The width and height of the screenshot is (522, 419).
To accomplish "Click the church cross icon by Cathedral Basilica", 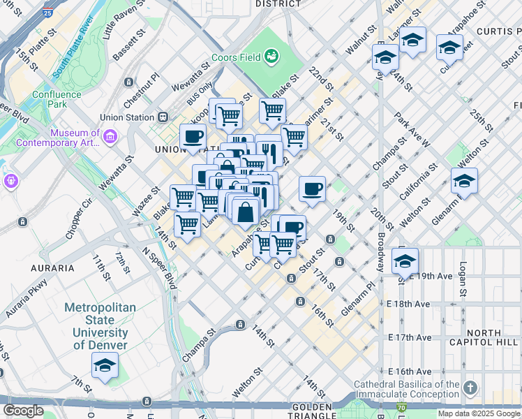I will pos(470,387).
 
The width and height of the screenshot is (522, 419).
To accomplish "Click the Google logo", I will pos(23,411).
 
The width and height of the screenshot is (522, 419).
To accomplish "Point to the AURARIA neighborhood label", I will pos(52,267).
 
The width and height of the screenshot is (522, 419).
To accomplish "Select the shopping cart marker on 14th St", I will pos(187,225).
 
